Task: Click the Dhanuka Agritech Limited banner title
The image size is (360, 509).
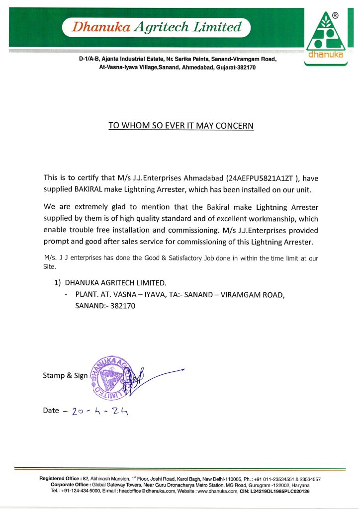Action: tap(156, 27)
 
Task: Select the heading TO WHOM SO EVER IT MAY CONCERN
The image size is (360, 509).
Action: tap(181, 126)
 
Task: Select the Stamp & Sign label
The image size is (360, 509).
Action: tap(65, 376)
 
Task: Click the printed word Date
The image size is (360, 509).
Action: tap(51, 411)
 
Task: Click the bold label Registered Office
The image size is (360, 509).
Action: tap(61, 479)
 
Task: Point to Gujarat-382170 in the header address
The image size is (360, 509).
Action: tap(234, 67)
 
